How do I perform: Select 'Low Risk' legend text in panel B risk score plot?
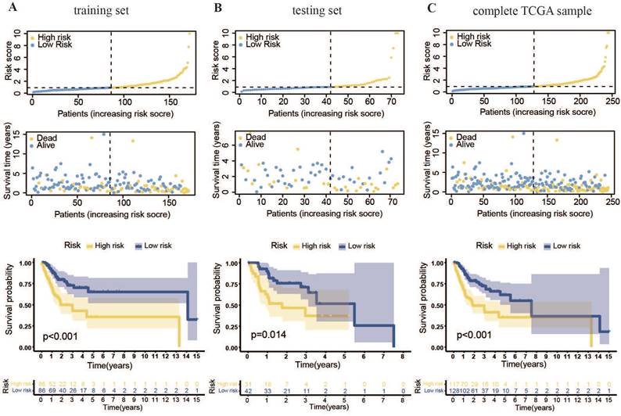click(x=265, y=45)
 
